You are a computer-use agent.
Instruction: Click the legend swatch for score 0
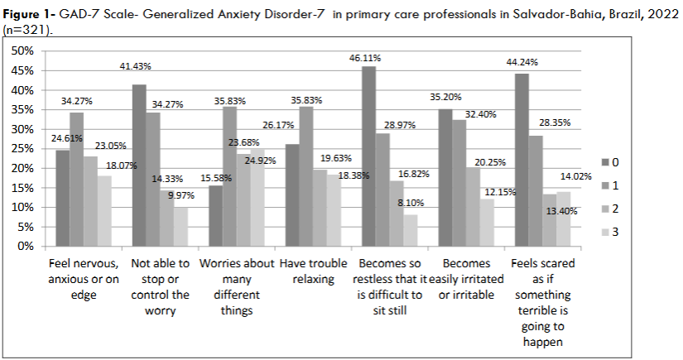[x=606, y=160]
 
